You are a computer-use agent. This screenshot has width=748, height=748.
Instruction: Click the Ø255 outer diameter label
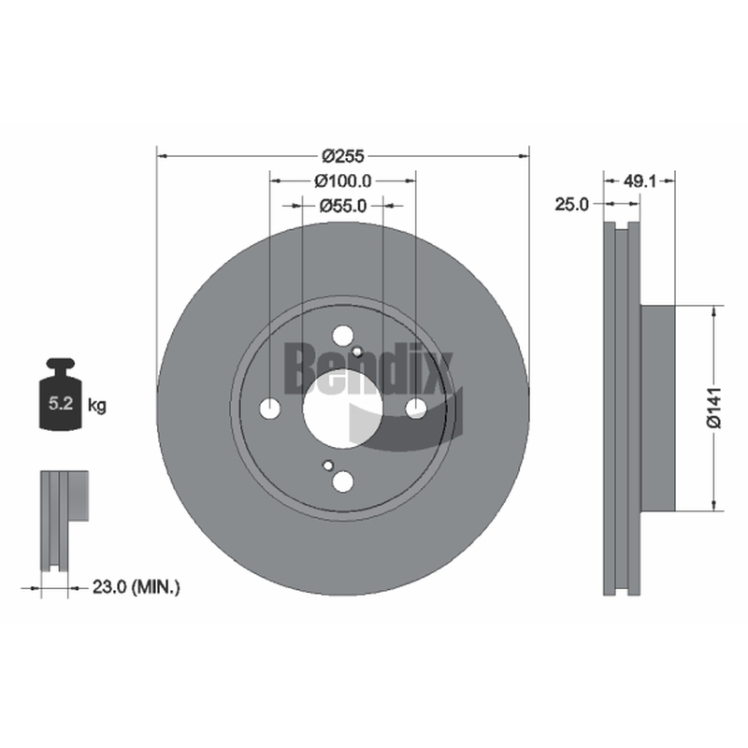click(342, 155)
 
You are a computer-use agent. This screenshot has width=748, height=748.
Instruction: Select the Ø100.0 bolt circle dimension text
click(342, 180)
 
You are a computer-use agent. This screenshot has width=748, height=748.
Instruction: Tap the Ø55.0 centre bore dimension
click(342, 206)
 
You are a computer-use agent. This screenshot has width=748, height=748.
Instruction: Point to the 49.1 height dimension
click(640, 180)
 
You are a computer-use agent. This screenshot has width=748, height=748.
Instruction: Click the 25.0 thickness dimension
click(571, 204)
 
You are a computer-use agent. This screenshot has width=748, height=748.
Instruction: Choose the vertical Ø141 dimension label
click(714, 409)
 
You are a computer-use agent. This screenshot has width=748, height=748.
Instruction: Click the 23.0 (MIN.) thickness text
click(136, 587)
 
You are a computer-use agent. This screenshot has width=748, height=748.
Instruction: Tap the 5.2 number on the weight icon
click(61, 404)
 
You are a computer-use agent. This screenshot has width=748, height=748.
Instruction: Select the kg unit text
click(97, 406)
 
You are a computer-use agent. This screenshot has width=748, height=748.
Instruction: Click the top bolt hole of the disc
click(342, 336)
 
